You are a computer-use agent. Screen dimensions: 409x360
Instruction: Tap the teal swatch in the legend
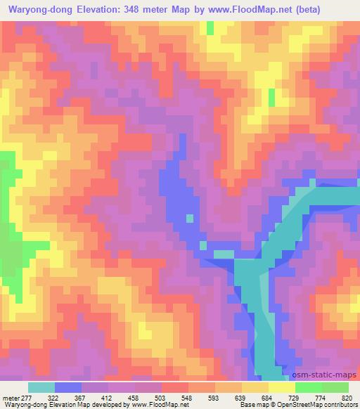click(x=41, y=387)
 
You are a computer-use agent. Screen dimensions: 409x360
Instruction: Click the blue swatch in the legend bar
click(x=68, y=387)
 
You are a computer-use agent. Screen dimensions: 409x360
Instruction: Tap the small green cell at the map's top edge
click(x=210, y=28)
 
